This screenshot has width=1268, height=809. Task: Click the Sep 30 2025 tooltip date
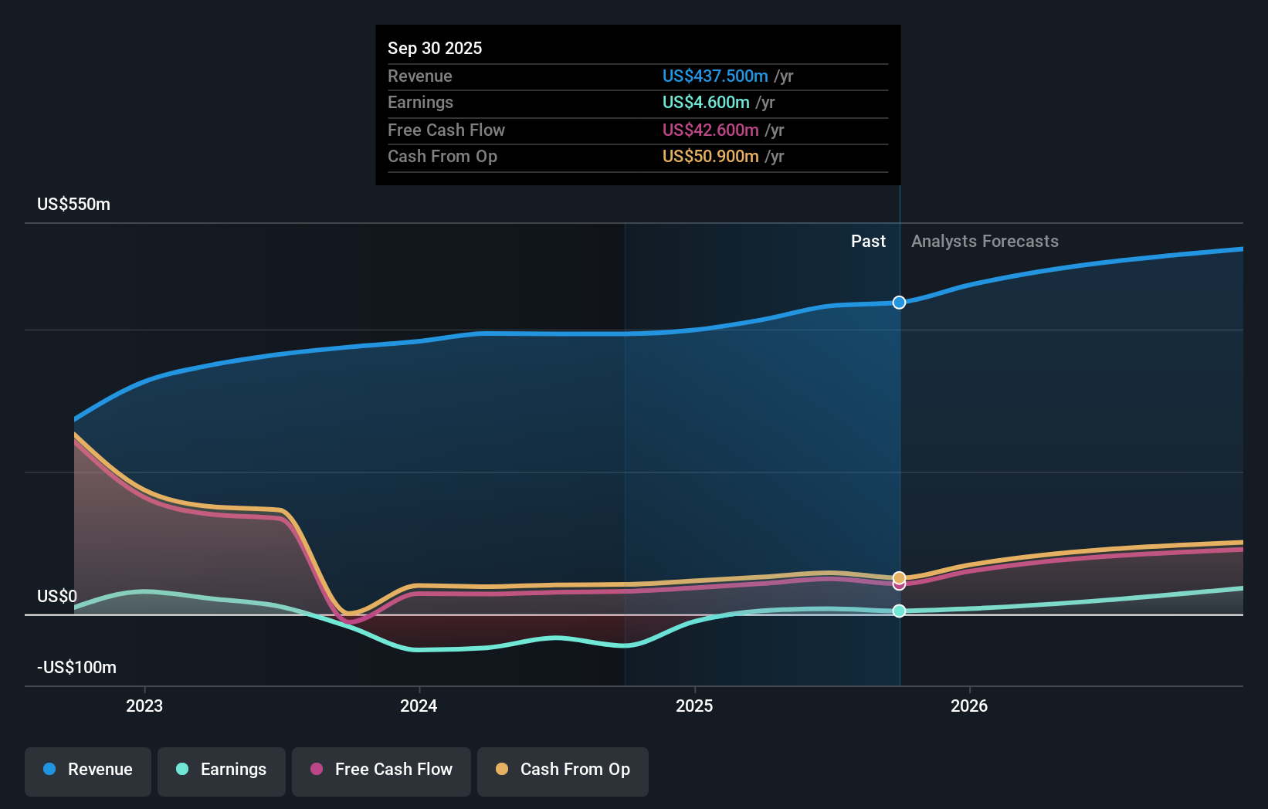435,48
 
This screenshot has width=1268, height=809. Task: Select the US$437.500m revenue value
715,76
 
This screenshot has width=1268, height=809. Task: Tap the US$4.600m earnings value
706,102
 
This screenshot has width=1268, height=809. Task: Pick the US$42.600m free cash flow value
710,130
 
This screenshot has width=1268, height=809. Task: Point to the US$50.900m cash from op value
710,156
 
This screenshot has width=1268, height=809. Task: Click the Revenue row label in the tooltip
420,76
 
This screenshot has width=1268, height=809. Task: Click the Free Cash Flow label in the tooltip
446,130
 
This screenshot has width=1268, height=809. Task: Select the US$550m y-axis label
74,204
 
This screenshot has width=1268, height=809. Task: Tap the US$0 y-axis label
57,596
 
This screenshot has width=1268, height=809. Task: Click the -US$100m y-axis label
77,667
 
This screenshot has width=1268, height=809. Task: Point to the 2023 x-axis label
144,706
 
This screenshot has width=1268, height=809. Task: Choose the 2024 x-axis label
419,706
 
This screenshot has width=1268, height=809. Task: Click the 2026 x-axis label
969,706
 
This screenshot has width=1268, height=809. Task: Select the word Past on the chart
868,241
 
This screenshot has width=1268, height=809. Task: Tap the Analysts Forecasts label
985,241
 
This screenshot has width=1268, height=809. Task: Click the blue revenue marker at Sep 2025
899,303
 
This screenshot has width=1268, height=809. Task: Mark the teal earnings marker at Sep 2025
899,611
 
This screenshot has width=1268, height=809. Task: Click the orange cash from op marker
899,577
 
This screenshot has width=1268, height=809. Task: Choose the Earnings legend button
222,770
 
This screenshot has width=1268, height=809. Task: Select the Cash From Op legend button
563,770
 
